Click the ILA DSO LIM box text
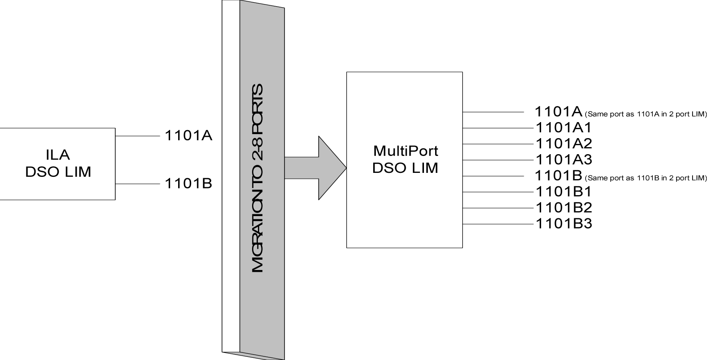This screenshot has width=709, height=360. pyautogui.click(x=58, y=164)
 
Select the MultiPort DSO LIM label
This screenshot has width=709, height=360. pyautogui.click(x=405, y=159)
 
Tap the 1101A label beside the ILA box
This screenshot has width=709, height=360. pyautogui.click(x=188, y=135)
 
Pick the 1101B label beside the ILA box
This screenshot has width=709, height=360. pyautogui.click(x=188, y=183)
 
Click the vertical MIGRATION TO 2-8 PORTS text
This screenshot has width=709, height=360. pyautogui.click(x=258, y=178)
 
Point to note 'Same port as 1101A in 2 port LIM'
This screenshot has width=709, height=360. pyautogui.click(x=645, y=114)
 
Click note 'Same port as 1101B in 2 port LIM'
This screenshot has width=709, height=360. pyautogui.click(x=645, y=178)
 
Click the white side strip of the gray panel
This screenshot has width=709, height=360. pyautogui.click(x=231, y=178)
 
